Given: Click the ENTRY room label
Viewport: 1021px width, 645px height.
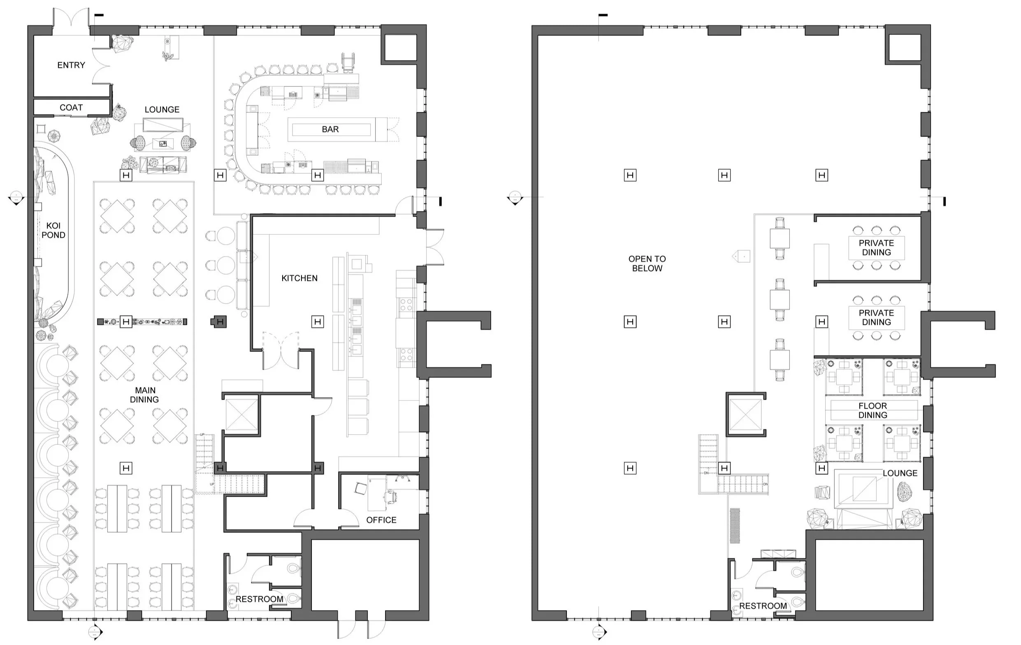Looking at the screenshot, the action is tap(71, 65).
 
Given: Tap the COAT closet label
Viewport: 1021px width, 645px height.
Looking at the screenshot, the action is tap(71, 108).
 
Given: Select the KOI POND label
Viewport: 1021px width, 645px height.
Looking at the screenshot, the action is tap(53, 230).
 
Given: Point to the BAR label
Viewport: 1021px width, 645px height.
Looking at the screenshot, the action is tap(330, 129).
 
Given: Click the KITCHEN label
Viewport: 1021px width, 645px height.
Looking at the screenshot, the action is tap(299, 278).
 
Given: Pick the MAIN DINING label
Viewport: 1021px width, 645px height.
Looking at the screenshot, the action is tap(144, 395).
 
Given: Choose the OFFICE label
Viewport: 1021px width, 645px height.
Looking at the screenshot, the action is tap(381, 520).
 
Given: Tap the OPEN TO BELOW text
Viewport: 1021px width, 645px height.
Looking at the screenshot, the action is tap(647, 264).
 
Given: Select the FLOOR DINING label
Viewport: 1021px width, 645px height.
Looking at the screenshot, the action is tap(872, 410).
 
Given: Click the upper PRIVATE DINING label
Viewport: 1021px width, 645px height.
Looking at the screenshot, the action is tap(877, 247).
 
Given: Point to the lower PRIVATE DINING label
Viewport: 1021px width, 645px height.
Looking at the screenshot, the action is tap(877, 317).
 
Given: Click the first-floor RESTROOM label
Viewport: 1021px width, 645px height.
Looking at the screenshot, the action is tap(260, 599).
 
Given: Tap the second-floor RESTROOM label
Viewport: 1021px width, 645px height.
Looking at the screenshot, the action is tap(763, 606).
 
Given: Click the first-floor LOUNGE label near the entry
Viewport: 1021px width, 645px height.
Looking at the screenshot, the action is tap(162, 110).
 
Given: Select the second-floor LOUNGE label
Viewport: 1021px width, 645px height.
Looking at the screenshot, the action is tap(900, 473).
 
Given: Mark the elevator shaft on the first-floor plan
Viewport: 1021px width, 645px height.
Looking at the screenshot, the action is tap(242, 414).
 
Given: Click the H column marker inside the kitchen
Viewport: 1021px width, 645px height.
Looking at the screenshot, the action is tap(318, 321).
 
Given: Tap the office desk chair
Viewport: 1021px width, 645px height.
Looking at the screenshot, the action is tap(391, 497).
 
